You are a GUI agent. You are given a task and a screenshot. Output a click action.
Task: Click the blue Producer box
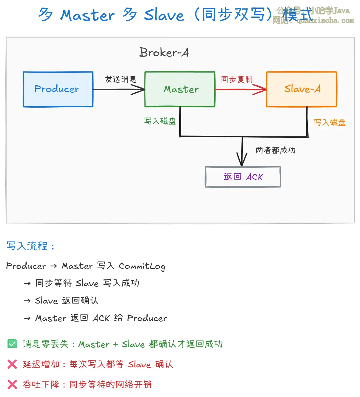pos(58,89)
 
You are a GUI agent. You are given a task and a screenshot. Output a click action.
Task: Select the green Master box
pos(180,89)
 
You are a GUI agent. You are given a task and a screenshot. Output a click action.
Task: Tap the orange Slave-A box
pos(302,89)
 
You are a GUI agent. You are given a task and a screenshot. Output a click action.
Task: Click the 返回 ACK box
pos(243,177)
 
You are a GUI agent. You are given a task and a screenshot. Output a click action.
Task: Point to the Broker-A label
pos(164,53)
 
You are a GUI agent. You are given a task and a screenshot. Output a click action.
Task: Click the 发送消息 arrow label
pos(120,79)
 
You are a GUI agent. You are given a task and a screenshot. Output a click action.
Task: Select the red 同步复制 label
pos(237,79)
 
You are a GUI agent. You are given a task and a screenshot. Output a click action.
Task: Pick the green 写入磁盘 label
pos(160,121)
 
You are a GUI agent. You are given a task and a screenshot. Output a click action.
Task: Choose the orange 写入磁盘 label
pos(330,122)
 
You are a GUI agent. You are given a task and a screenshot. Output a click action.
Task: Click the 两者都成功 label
pos(276,150)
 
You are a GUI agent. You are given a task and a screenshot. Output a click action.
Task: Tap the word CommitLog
pos(142,266)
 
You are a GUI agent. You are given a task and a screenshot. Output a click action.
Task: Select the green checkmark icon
pos(12,344)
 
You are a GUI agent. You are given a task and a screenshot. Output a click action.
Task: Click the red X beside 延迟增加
pos(12,364)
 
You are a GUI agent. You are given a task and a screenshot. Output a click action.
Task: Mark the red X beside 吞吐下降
pos(12,384)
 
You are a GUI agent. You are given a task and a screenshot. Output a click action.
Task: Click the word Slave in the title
pos(164,15)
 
